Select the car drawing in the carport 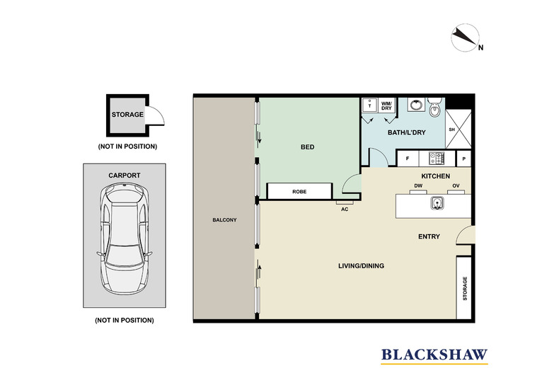(x=125, y=239)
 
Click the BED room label (x=307, y=147)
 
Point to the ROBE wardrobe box (x=299, y=191)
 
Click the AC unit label (x=345, y=209)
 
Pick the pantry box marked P (x=465, y=159)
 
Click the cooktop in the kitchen (x=437, y=159)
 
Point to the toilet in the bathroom (x=435, y=109)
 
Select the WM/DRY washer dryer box (x=387, y=105)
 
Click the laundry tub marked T (x=369, y=105)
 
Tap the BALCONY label (x=224, y=220)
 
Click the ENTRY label (x=430, y=236)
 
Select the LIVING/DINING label (x=361, y=266)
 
